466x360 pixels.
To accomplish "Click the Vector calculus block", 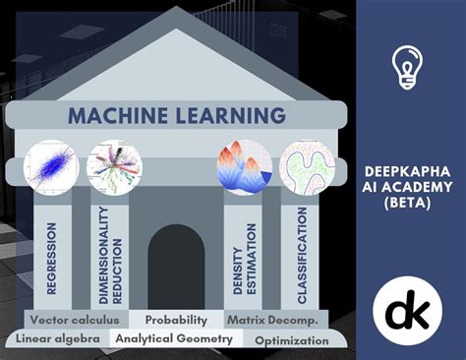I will pos(74,320).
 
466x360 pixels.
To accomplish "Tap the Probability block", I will pos(176,320).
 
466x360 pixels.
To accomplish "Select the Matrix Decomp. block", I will pos(270,320).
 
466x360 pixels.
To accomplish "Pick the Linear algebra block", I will pos(57,339).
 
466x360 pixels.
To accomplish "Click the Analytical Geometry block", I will pos(174,339).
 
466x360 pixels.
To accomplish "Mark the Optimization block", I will pos(291,340).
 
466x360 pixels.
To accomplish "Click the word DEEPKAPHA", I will pos(411,168).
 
